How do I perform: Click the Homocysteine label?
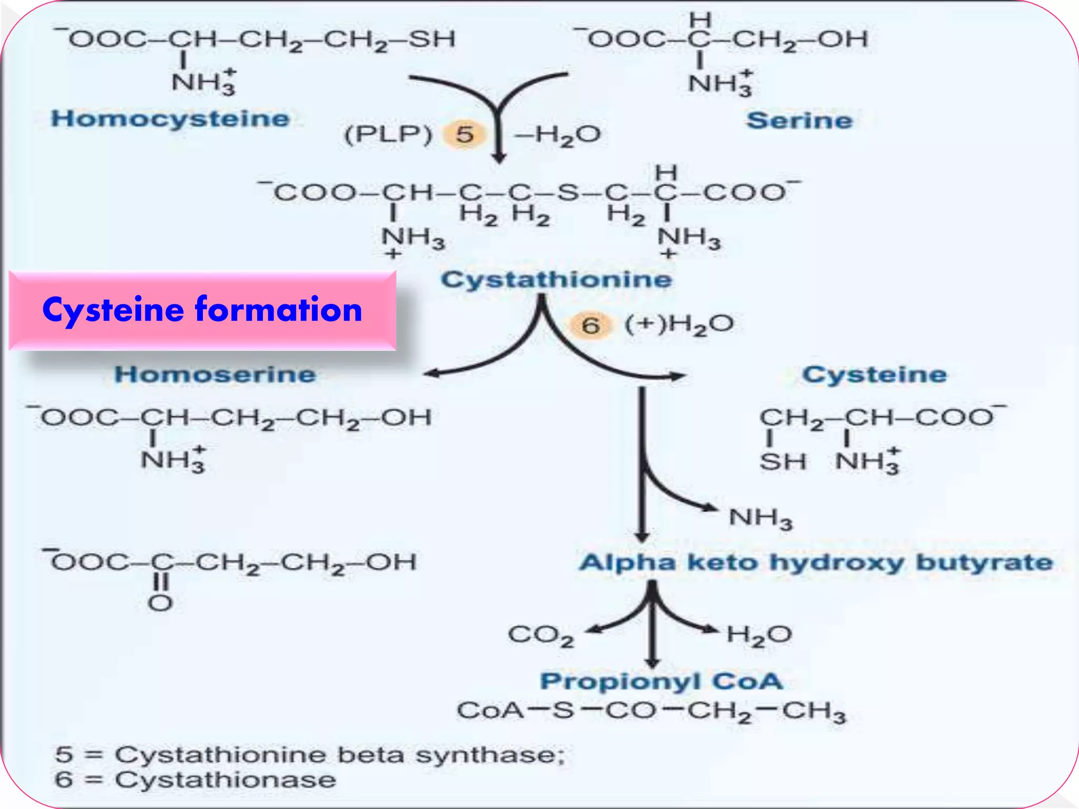(170, 119)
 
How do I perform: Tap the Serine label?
(799, 121)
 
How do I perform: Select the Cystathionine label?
(556, 279)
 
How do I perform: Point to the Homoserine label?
(215, 374)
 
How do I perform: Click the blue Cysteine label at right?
(874, 374)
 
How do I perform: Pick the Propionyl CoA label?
(661, 681)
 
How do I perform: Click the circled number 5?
(465, 134)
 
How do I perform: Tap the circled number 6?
(591, 325)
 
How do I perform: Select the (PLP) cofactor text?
(388, 134)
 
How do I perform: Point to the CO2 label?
(541, 635)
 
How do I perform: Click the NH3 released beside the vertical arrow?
(760, 518)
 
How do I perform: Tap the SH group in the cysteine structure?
(782, 462)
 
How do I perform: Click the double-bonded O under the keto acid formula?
(160, 603)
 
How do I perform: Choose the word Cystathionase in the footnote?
(225, 780)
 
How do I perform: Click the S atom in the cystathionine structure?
(568, 193)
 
